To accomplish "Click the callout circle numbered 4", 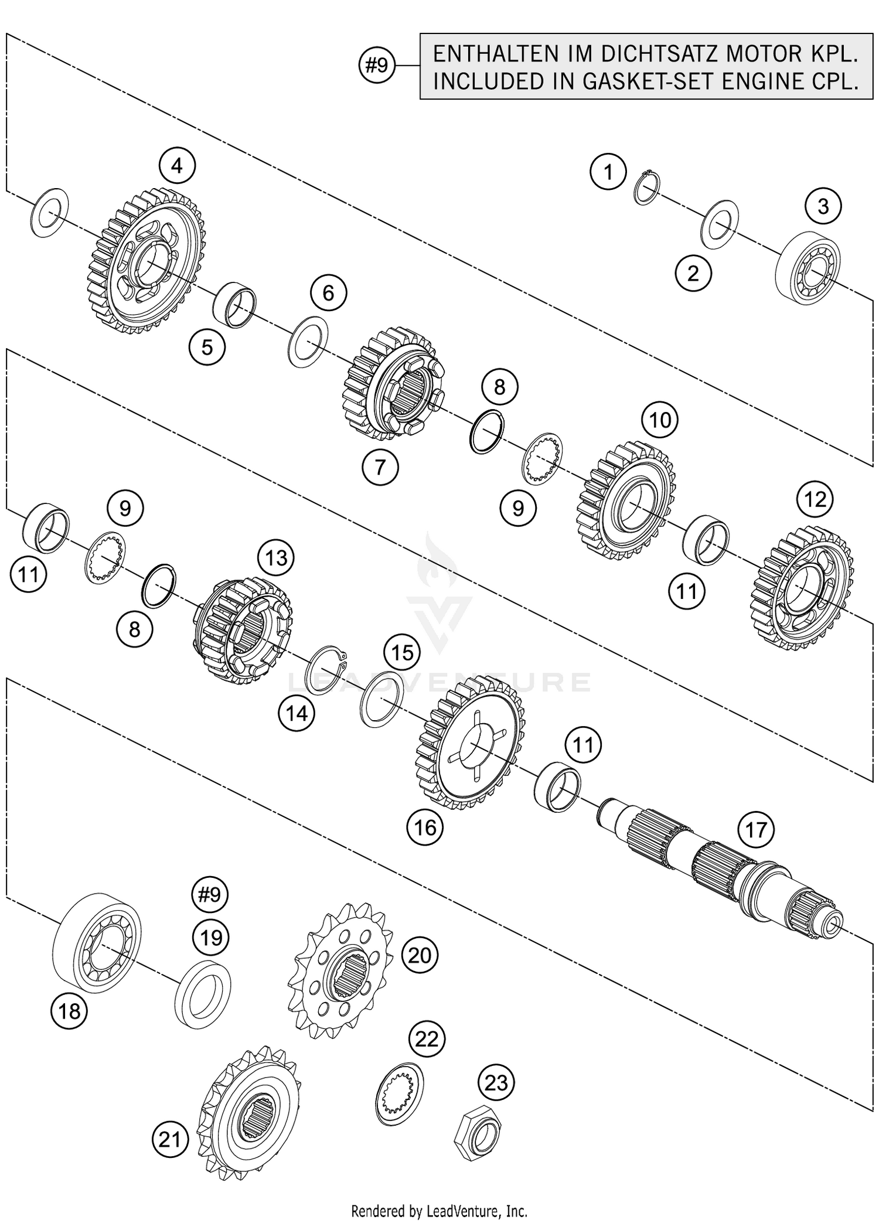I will (177, 166).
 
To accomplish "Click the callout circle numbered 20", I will (420, 956).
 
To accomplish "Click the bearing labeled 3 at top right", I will (808, 267).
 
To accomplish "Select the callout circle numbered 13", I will (276, 558).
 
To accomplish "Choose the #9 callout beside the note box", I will (377, 66).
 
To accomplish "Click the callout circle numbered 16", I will (425, 827).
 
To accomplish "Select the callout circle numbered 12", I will (815, 499).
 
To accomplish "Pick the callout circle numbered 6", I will (328, 292).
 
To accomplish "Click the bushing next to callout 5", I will (234, 305).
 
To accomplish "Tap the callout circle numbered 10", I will (660, 420).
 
